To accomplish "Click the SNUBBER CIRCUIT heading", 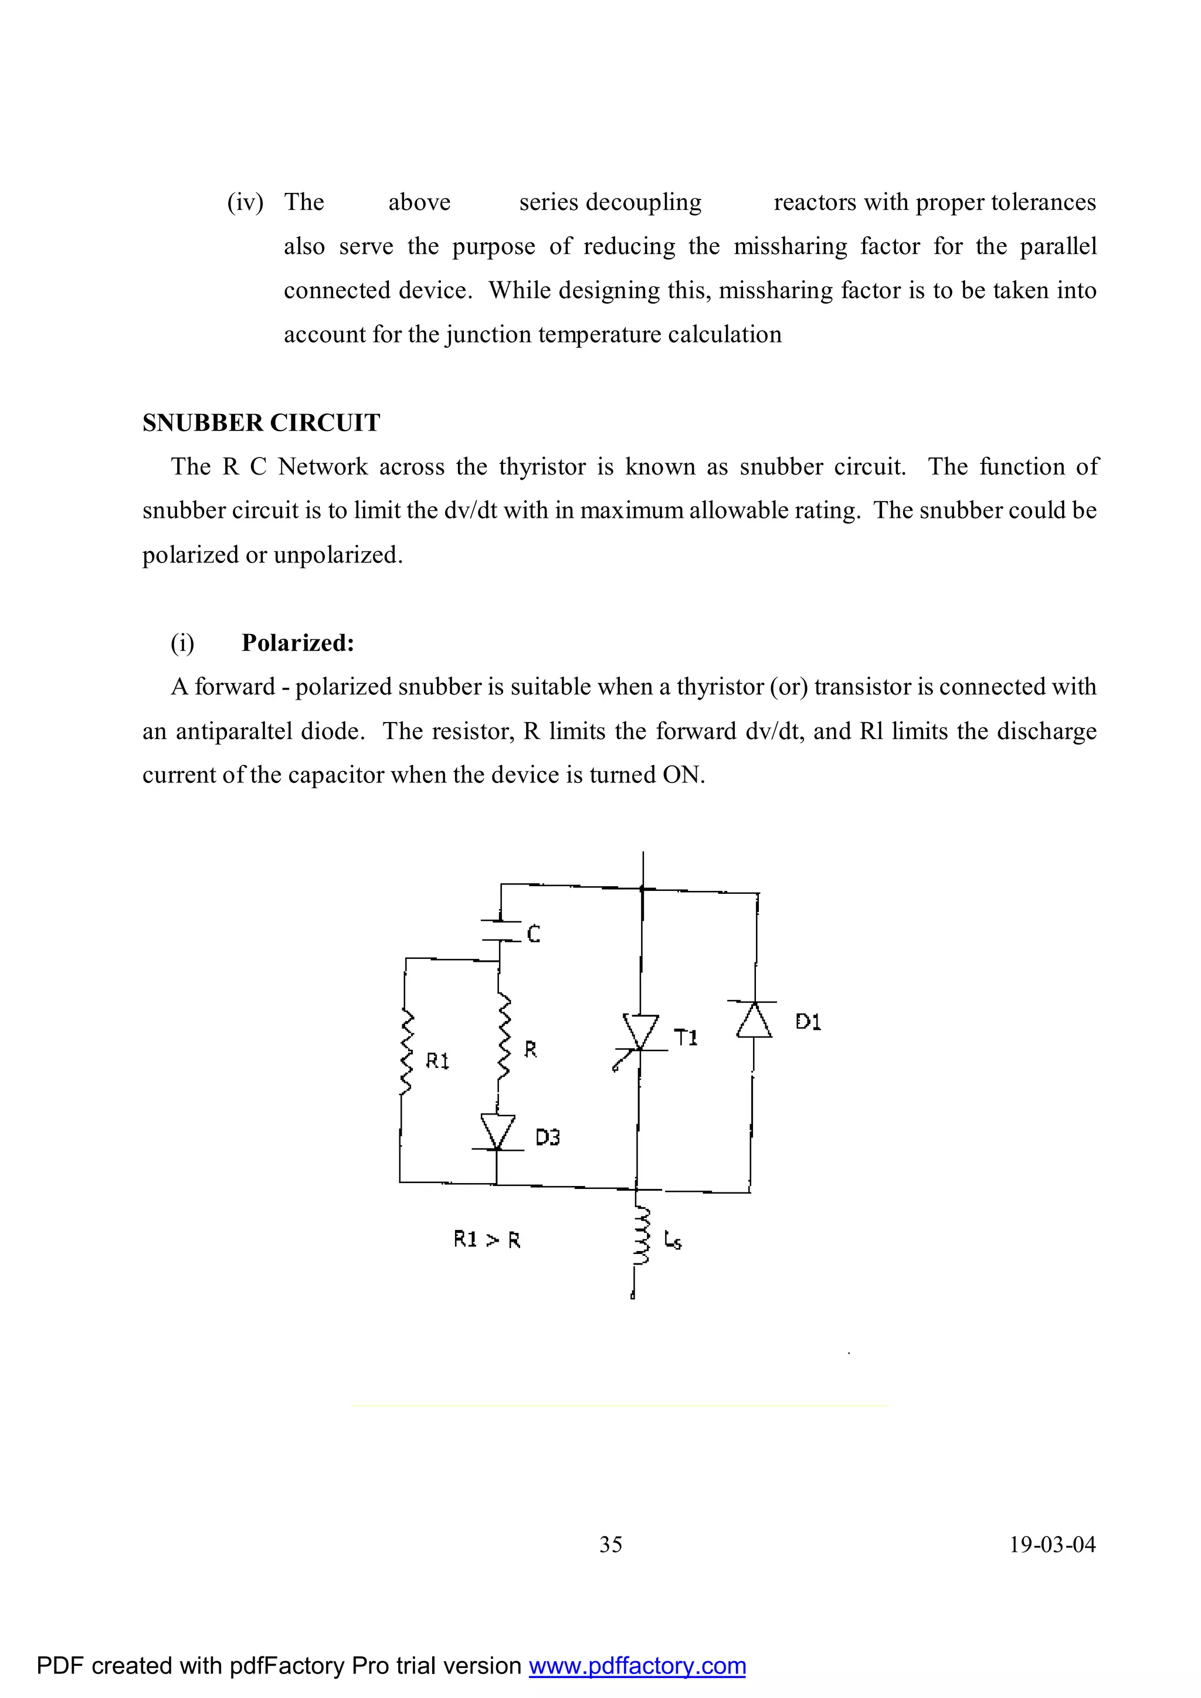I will coord(261,423).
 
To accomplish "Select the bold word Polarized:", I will coord(298,643).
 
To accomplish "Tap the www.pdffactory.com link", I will coord(637,1666).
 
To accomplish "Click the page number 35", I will coord(611,1544).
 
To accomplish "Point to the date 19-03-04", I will coord(1053,1544).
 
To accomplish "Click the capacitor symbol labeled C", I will coord(501,930).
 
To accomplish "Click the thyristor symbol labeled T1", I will coord(640,1032).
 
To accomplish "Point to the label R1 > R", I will coord(487,1239).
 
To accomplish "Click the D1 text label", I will coord(808,1022).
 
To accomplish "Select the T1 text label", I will coord(686,1038).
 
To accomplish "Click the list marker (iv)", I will coord(245,202).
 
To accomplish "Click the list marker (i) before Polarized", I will coord(182,643).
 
